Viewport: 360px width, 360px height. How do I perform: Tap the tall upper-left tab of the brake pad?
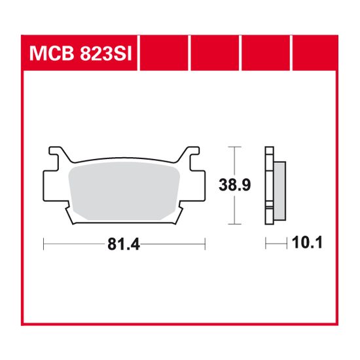60,154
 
